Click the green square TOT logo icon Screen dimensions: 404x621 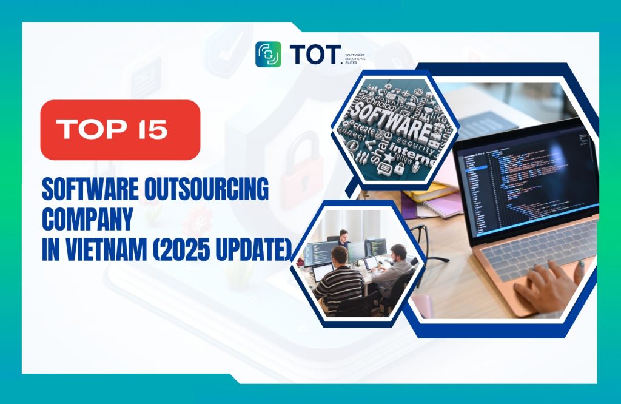point(268,54)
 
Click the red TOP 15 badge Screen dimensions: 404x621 point(120,130)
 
